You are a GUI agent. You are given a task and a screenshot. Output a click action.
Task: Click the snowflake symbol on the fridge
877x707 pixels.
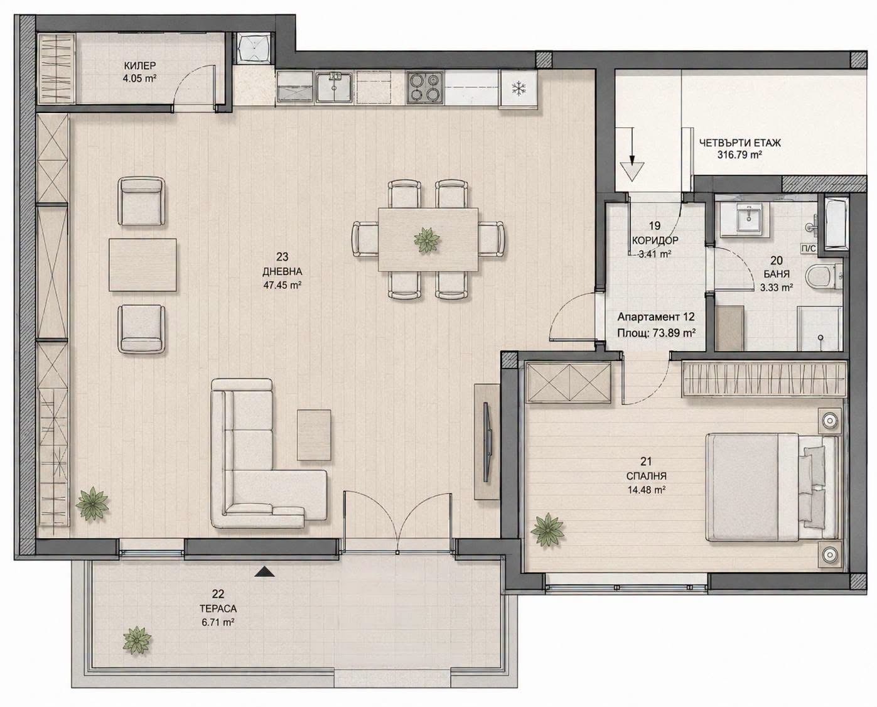519,88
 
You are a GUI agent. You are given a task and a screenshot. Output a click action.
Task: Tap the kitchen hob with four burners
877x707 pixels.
424,88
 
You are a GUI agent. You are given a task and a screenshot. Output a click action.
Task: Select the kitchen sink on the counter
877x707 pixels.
334,87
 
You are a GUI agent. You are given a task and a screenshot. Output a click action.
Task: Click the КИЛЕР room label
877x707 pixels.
140,65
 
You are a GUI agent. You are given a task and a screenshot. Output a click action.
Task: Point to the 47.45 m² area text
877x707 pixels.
282,285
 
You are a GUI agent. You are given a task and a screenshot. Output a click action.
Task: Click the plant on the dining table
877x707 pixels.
427,240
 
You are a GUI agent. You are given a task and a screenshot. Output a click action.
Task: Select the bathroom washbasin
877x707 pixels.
749,219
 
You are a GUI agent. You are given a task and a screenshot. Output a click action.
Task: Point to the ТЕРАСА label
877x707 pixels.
218,609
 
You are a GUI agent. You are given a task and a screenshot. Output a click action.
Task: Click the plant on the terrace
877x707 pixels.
137,640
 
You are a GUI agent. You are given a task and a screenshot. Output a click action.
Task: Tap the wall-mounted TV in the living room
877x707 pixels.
487,443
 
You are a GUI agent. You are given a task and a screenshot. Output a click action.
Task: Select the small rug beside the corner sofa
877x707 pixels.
314,436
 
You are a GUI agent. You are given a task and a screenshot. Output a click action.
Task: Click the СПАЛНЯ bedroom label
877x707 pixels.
647,476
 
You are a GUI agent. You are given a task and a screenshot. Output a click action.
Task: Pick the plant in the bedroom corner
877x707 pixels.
547,530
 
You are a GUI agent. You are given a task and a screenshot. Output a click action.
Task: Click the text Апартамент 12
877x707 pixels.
656,317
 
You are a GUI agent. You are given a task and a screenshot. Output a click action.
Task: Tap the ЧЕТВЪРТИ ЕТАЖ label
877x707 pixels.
740,143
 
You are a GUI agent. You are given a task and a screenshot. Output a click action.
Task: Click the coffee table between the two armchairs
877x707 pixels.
143,265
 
